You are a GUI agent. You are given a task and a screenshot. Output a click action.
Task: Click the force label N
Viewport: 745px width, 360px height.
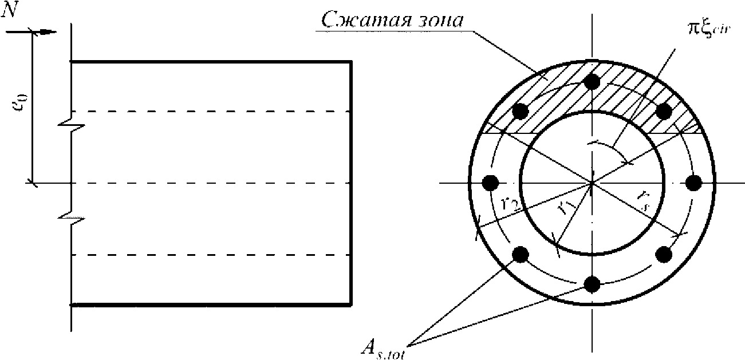pyautogui.click(x=10, y=12)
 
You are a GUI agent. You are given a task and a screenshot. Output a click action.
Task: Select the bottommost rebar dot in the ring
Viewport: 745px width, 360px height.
pyautogui.click(x=592, y=283)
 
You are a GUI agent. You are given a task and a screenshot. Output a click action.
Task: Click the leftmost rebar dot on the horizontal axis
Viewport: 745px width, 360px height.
pyautogui.click(x=490, y=183)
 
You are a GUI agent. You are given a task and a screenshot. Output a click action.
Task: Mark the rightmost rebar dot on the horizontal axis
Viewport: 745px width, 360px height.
pyautogui.click(x=693, y=183)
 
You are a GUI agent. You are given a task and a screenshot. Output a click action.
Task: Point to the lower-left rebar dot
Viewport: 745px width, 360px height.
pyautogui.click(x=520, y=254)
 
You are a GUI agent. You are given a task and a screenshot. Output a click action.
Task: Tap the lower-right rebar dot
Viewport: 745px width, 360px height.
pyautogui.click(x=664, y=254)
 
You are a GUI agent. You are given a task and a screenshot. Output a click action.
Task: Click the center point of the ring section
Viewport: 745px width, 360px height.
pyautogui.click(x=592, y=183)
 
